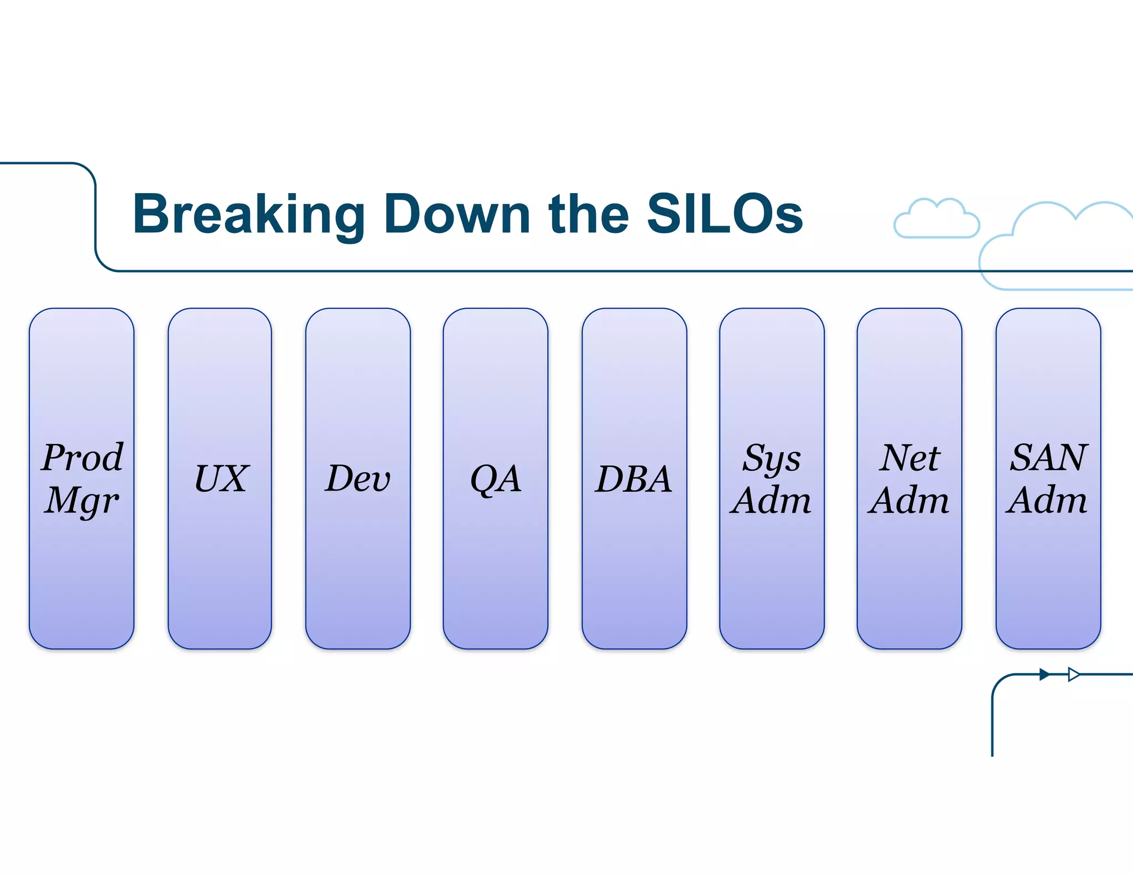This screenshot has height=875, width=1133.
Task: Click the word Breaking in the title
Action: [x=248, y=215]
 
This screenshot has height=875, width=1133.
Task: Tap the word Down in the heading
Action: [x=457, y=215]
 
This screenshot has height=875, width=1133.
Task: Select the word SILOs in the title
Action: [x=725, y=215]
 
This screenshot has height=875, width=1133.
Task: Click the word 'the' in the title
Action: [x=589, y=215]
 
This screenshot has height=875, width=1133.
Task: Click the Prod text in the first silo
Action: [x=82, y=457]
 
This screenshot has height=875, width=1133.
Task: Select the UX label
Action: [x=221, y=478]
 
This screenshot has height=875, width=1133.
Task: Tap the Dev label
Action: [x=357, y=478]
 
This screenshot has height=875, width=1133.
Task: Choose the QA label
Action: [x=495, y=479]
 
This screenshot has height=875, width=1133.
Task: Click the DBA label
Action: [x=634, y=478]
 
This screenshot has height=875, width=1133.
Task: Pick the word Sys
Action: [x=771, y=459]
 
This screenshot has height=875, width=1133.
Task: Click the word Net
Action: [x=909, y=457]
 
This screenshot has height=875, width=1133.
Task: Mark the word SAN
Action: [x=1048, y=457]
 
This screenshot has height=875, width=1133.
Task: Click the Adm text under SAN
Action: [x=1047, y=501]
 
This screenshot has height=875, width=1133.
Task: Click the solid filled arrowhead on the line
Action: [x=1044, y=674]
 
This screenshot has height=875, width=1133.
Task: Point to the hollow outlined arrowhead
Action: [x=1073, y=674]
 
